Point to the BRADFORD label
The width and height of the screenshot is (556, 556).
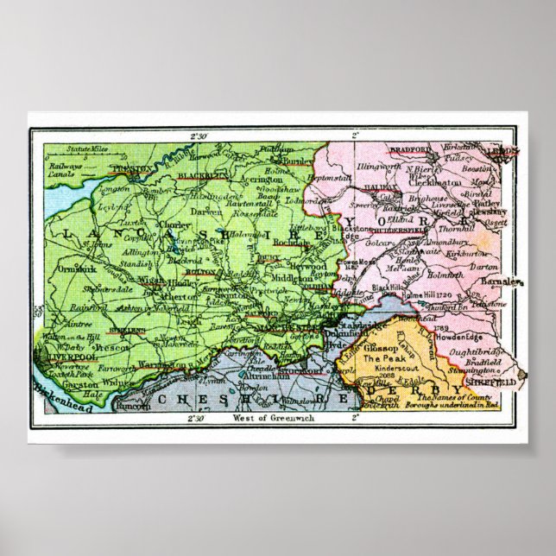(x=409, y=149)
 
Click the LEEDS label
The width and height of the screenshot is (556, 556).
(x=502, y=150)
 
